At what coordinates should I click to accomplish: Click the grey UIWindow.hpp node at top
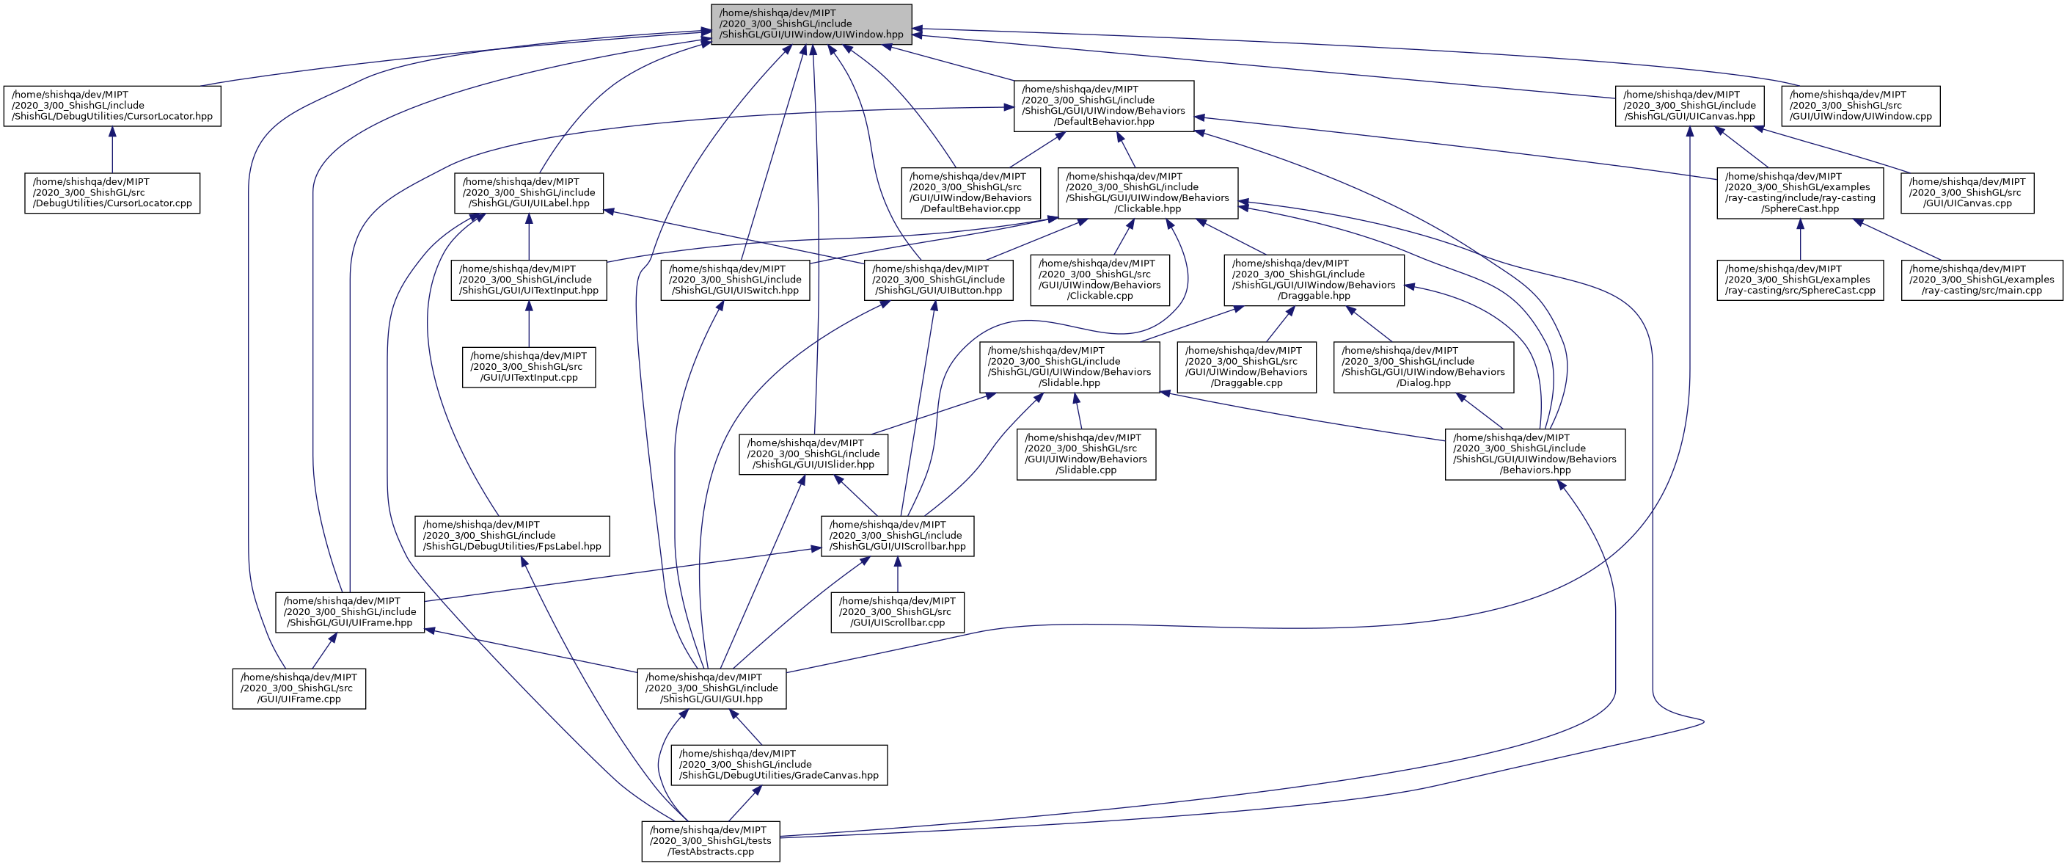pyautogui.click(x=811, y=24)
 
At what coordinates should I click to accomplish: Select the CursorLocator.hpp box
pyautogui.click(x=112, y=106)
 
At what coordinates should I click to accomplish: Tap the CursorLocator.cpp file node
pyautogui.click(x=112, y=192)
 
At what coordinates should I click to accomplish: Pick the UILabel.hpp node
pyautogui.click(x=529, y=192)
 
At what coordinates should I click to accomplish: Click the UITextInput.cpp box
pyautogui.click(x=529, y=367)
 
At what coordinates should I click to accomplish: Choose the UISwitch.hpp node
pyautogui.click(x=735, y=280)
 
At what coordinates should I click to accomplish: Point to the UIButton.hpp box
pyautogui.click(x=938, y=280)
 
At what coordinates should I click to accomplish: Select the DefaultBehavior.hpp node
pyautogui.click(x=1103, y=106)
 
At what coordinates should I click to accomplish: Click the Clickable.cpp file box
pyautogui.click(x=1100, y=280)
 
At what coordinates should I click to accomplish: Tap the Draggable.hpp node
pyautogui.click(x=1314, y=280)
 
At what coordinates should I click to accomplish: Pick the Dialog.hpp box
pyautogui.click(x=1424, y=367)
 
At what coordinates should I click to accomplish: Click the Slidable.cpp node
pyautogui.click(x=1086, y=454)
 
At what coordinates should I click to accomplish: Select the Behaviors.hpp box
pyautogui.click(x=1534, y=454)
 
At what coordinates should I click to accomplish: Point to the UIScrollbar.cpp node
pyautogui.click(x=897, y=611)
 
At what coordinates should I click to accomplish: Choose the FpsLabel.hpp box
pyautogui.click(x=512, y=535)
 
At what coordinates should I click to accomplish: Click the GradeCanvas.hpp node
pyautogui.click(x=779, y=765)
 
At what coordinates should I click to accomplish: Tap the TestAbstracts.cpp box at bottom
pyautogui.click(x=710, y=841)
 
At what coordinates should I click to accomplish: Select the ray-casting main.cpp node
pyautogui.click(x=1981, y=280)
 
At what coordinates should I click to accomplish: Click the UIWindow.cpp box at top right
pyautogui.click(x=1861, y=106)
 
